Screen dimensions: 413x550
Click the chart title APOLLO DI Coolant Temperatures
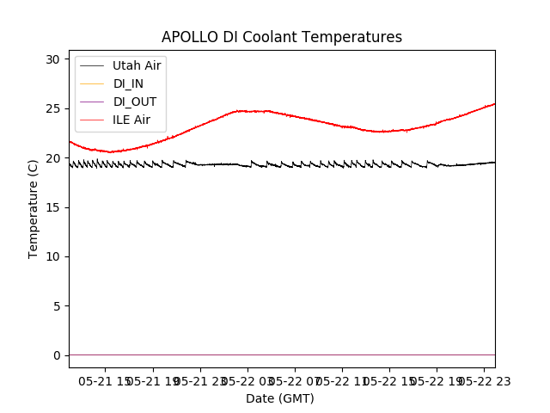point(282,37)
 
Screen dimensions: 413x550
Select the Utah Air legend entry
point(137,65)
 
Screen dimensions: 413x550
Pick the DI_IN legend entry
point(129,83)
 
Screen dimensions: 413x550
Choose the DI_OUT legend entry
point(134,102)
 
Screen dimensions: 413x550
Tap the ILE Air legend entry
point(131,120)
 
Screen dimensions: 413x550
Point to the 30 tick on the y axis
point(52,59)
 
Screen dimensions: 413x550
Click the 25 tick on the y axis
point(52,108)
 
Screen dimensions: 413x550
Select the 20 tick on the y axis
point(52,158)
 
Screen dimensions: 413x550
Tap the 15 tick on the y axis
point(52,207)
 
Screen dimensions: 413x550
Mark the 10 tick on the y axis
point(52,256)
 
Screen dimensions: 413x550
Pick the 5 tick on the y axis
point(56,306)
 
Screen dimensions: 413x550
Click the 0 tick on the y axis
point(56,355)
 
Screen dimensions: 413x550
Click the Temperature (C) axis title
point(34,208)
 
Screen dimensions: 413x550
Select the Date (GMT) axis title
point(280,398)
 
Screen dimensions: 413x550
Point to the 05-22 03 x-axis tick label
point(247,381)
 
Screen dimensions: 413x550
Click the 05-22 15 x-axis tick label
point(388,381)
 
